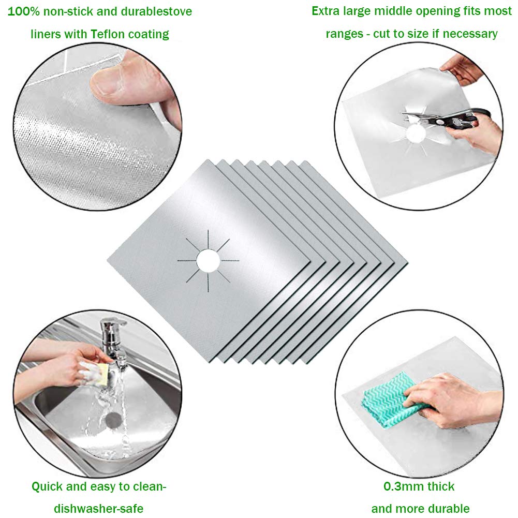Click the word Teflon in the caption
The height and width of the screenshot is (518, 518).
click(x=108, y=34)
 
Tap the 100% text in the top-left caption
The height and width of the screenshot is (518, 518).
click(x=23, y=11)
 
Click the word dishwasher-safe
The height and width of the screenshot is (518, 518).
click(x=99, y=508)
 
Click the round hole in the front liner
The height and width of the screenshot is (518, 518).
click(x=208, y=261)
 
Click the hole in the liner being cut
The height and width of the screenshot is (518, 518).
click(x=416, y=134)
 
